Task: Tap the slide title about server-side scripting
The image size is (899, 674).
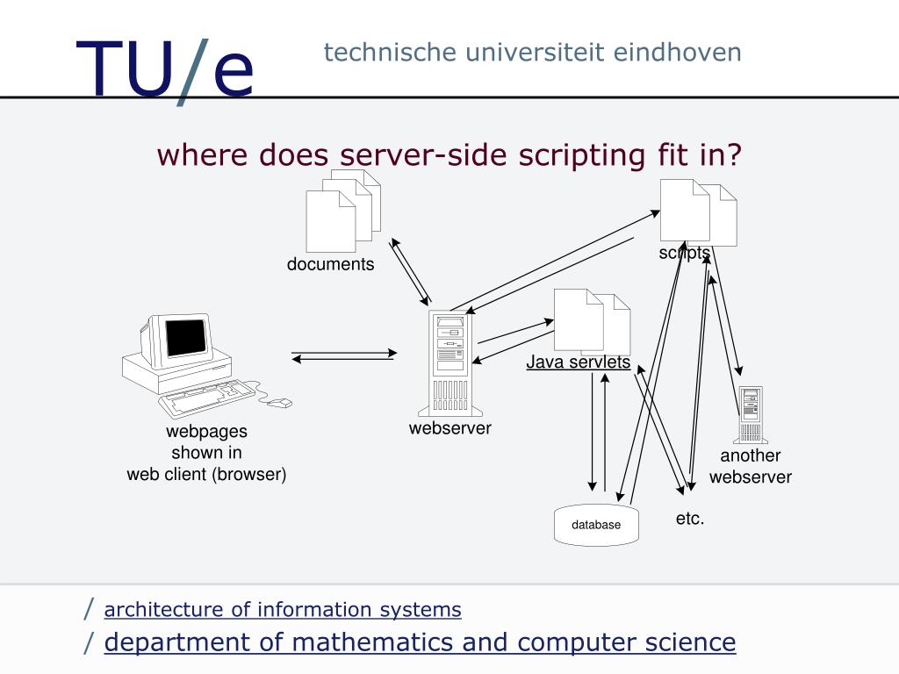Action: [x=449, y=154]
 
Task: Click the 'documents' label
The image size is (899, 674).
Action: [x=330, y=264]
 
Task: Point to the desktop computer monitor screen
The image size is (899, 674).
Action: [x=185, y=337]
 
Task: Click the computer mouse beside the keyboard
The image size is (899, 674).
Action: [x=280, y=403]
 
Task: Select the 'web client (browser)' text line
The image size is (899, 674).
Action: [x=207, y=475]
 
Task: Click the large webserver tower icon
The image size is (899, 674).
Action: [x=449, y=363]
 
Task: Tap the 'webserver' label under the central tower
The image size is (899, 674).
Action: [x=449, y=428]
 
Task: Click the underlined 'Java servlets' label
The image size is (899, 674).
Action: [x=579, y=362]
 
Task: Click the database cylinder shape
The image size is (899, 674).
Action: [x=596, y=525]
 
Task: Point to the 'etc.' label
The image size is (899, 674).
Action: [x=690, y=519]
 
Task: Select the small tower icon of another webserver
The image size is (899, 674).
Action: [x=751, y=414]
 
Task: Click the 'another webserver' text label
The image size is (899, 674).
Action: [x=751, y=466]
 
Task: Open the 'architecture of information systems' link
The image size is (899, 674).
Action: [x=283, y=609]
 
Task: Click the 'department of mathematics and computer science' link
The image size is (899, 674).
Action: [x=420, y=642]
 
